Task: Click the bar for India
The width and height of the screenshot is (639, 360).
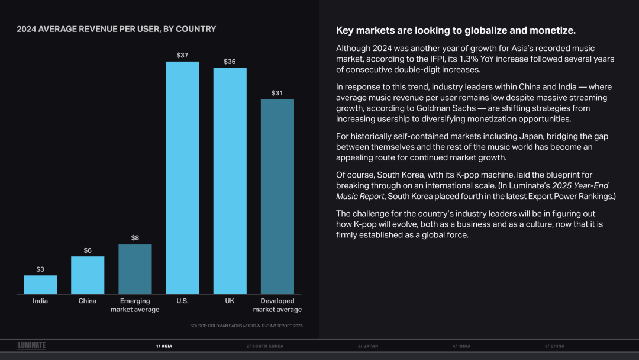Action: coord(40,285)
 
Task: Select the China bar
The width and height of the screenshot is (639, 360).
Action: coord(88,275)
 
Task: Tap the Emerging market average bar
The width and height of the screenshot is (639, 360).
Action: coord(135,269)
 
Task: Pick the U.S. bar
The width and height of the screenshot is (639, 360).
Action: coord(182,178)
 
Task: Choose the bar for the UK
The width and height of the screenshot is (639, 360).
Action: coord(230,181)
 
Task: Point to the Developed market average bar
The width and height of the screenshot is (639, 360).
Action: coord(277,197)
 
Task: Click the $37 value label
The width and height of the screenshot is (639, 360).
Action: coord(182,55)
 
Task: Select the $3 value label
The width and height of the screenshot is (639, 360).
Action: coord(40,269)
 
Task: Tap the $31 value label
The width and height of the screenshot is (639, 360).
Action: coord(277,93)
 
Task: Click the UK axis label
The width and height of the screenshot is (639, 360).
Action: coord(230,301)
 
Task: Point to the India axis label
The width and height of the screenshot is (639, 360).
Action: coord(40,301)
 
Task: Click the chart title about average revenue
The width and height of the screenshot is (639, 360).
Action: coord(116,29)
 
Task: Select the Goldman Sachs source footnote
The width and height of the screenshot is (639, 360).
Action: coord(246,326)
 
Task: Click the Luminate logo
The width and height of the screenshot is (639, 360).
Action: coord(31,346)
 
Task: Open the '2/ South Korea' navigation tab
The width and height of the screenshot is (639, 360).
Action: coord(265,346)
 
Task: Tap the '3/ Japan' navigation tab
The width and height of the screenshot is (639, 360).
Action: coord(368,346)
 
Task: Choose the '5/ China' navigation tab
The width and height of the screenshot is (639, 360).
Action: coord(554,346)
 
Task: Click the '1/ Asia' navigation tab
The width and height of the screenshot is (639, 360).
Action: coord(164,346)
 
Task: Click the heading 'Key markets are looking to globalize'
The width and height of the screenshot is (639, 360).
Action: coord(456,30)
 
